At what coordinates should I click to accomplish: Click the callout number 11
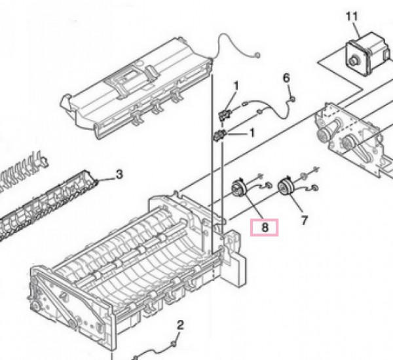click(352, 16)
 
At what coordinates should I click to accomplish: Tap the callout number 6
click(286, 78)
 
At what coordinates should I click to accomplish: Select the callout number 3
click(119, 174)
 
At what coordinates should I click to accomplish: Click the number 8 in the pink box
click(265, 228)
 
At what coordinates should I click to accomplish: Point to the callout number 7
click(305, 220)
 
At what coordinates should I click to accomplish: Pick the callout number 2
click(180, 325)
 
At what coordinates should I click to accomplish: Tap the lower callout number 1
click(252, 132)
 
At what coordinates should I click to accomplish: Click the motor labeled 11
click(368, 54)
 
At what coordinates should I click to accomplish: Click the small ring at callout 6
click(292, 100)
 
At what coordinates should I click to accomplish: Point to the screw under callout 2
click(174, 344)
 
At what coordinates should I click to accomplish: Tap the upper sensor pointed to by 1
click(225, 114)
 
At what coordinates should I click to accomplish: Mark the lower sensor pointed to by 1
click(219, 135)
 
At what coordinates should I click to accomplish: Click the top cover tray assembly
click(136, 89)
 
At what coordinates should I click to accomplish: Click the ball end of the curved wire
click(257, 54)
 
